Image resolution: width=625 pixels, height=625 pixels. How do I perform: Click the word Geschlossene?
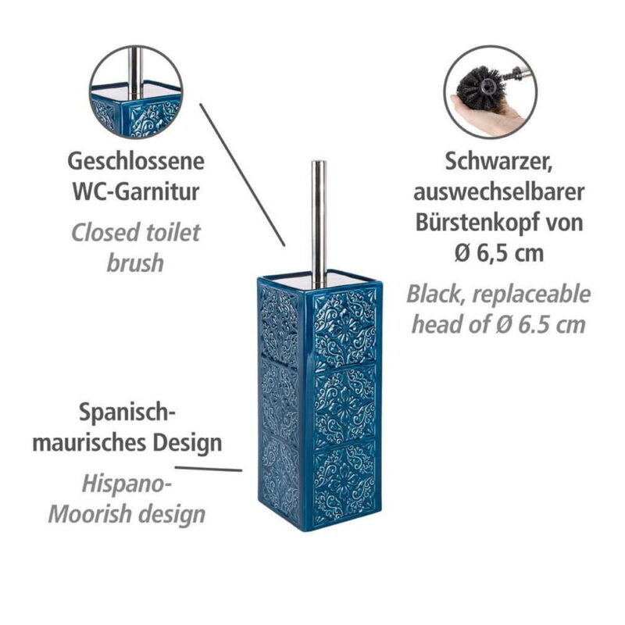tap(136, 162)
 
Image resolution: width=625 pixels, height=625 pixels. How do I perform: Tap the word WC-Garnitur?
tap(136, 191)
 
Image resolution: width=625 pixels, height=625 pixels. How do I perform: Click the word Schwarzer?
tap(498, 162)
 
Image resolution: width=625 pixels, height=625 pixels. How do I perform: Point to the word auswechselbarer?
tap(498, 191)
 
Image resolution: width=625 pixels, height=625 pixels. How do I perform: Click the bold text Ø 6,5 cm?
tap(499, 252)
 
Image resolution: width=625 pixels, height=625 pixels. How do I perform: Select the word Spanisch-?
tap(127, 412)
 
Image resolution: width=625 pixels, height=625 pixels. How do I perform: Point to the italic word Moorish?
tap(88, 514)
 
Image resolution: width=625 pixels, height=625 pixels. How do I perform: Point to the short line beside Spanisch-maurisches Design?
tap(209, 470)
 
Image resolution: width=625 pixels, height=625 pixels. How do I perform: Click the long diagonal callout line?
tap(242, 174)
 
